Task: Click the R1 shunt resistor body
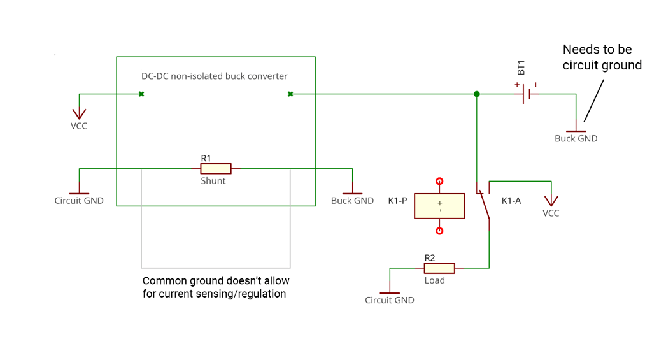(215, 169)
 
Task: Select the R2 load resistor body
(439, 268)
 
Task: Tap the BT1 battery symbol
(526, 94)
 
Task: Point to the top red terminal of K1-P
(439, 182)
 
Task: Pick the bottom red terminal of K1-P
(439, 231)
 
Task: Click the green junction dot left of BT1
(476, 94)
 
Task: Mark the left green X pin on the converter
(141, 94)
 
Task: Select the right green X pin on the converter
(290, 94)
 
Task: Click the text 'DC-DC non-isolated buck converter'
(214, 76)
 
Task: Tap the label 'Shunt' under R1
(213, 181)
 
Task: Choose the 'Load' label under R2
(435, 280)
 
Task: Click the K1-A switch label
(511, 201)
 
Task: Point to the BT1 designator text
(521, 68)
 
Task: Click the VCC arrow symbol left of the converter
(79, 114)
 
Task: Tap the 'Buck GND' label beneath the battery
(576, 139)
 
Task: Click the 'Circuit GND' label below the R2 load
(389, 300)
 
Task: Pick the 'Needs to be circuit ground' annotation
(602, 57)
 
